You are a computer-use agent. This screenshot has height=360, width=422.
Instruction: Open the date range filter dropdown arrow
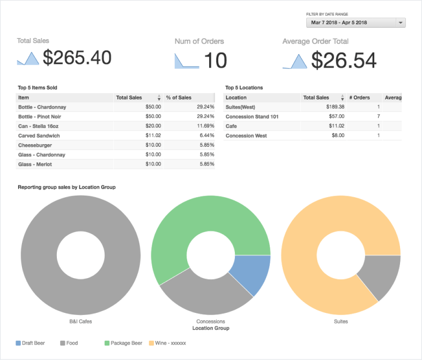coord(401,23)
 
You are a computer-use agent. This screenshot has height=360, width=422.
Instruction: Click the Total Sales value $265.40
coord(77,58)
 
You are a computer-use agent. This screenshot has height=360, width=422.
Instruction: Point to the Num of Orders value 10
coord(216,61)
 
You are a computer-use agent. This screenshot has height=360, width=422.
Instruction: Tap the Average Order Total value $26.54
coord(344,61)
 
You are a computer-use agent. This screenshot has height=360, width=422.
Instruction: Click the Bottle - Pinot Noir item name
coord(40,117)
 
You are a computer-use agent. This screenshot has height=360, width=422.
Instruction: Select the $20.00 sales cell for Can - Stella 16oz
coord(153,126)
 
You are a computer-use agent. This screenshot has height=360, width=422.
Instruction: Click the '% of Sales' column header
coord(179,97)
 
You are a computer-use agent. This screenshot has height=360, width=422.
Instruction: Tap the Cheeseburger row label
coord(35,145)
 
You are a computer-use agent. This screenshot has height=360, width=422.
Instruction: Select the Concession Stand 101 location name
coord(252,117)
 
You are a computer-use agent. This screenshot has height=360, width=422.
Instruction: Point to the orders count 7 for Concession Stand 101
coord(378,117)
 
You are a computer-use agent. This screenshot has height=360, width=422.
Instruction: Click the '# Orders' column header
coord(360,97)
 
